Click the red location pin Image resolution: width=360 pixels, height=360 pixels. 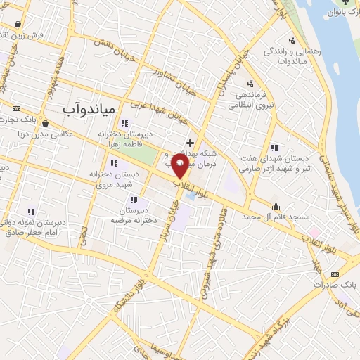pyautogui.click(x=180, y=166)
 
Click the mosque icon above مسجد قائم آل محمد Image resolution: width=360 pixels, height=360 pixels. pyautogui.click(x=276, y=207)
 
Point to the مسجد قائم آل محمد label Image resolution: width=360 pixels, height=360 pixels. pyautogui.click(x=277, y=218)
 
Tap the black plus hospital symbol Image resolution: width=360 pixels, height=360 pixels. pyautogui.click(x=189, y=143)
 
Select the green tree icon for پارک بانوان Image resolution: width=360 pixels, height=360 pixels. pyautogui.click(x=343, y=2)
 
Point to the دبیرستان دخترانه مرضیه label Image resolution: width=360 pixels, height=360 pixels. pyautogui.click(x=132, y=214)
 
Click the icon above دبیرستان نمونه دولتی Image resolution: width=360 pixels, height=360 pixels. pyautogui.click(x=30, y=211)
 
